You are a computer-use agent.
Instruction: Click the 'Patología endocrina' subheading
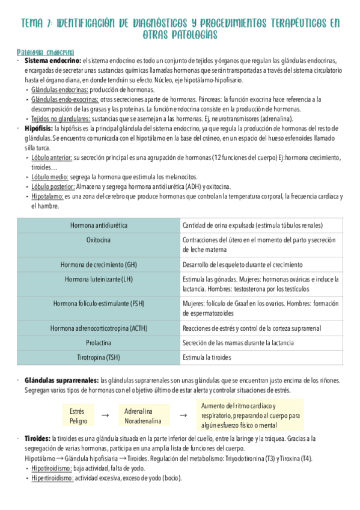pos(46,52)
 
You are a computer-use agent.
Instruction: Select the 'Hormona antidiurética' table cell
pos(99,226)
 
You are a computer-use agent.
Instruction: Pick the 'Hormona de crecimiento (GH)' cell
pos(99,265)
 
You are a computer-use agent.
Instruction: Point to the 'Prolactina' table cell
pos(99,343)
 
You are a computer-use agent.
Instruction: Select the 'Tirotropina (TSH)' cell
pos(99,358)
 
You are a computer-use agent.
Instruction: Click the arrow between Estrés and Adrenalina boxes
pos(105,416)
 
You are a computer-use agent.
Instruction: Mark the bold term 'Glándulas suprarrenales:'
pos(62,381)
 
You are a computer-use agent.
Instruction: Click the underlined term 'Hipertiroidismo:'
pos(52,478)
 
